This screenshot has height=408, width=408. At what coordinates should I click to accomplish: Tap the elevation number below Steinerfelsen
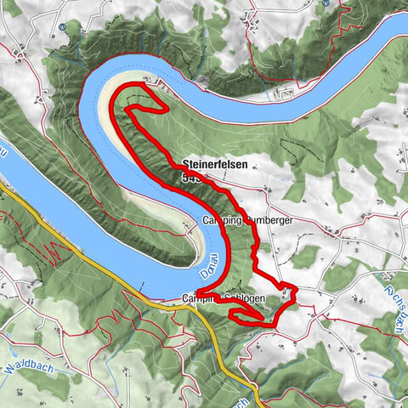pyautogui.click(x=190, y=178)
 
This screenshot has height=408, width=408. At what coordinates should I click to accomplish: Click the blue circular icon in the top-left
pyautogui.click(x=64, y=26)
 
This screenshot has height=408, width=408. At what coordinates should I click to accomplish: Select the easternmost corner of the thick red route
pyautogui.click(x=295, y=286)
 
